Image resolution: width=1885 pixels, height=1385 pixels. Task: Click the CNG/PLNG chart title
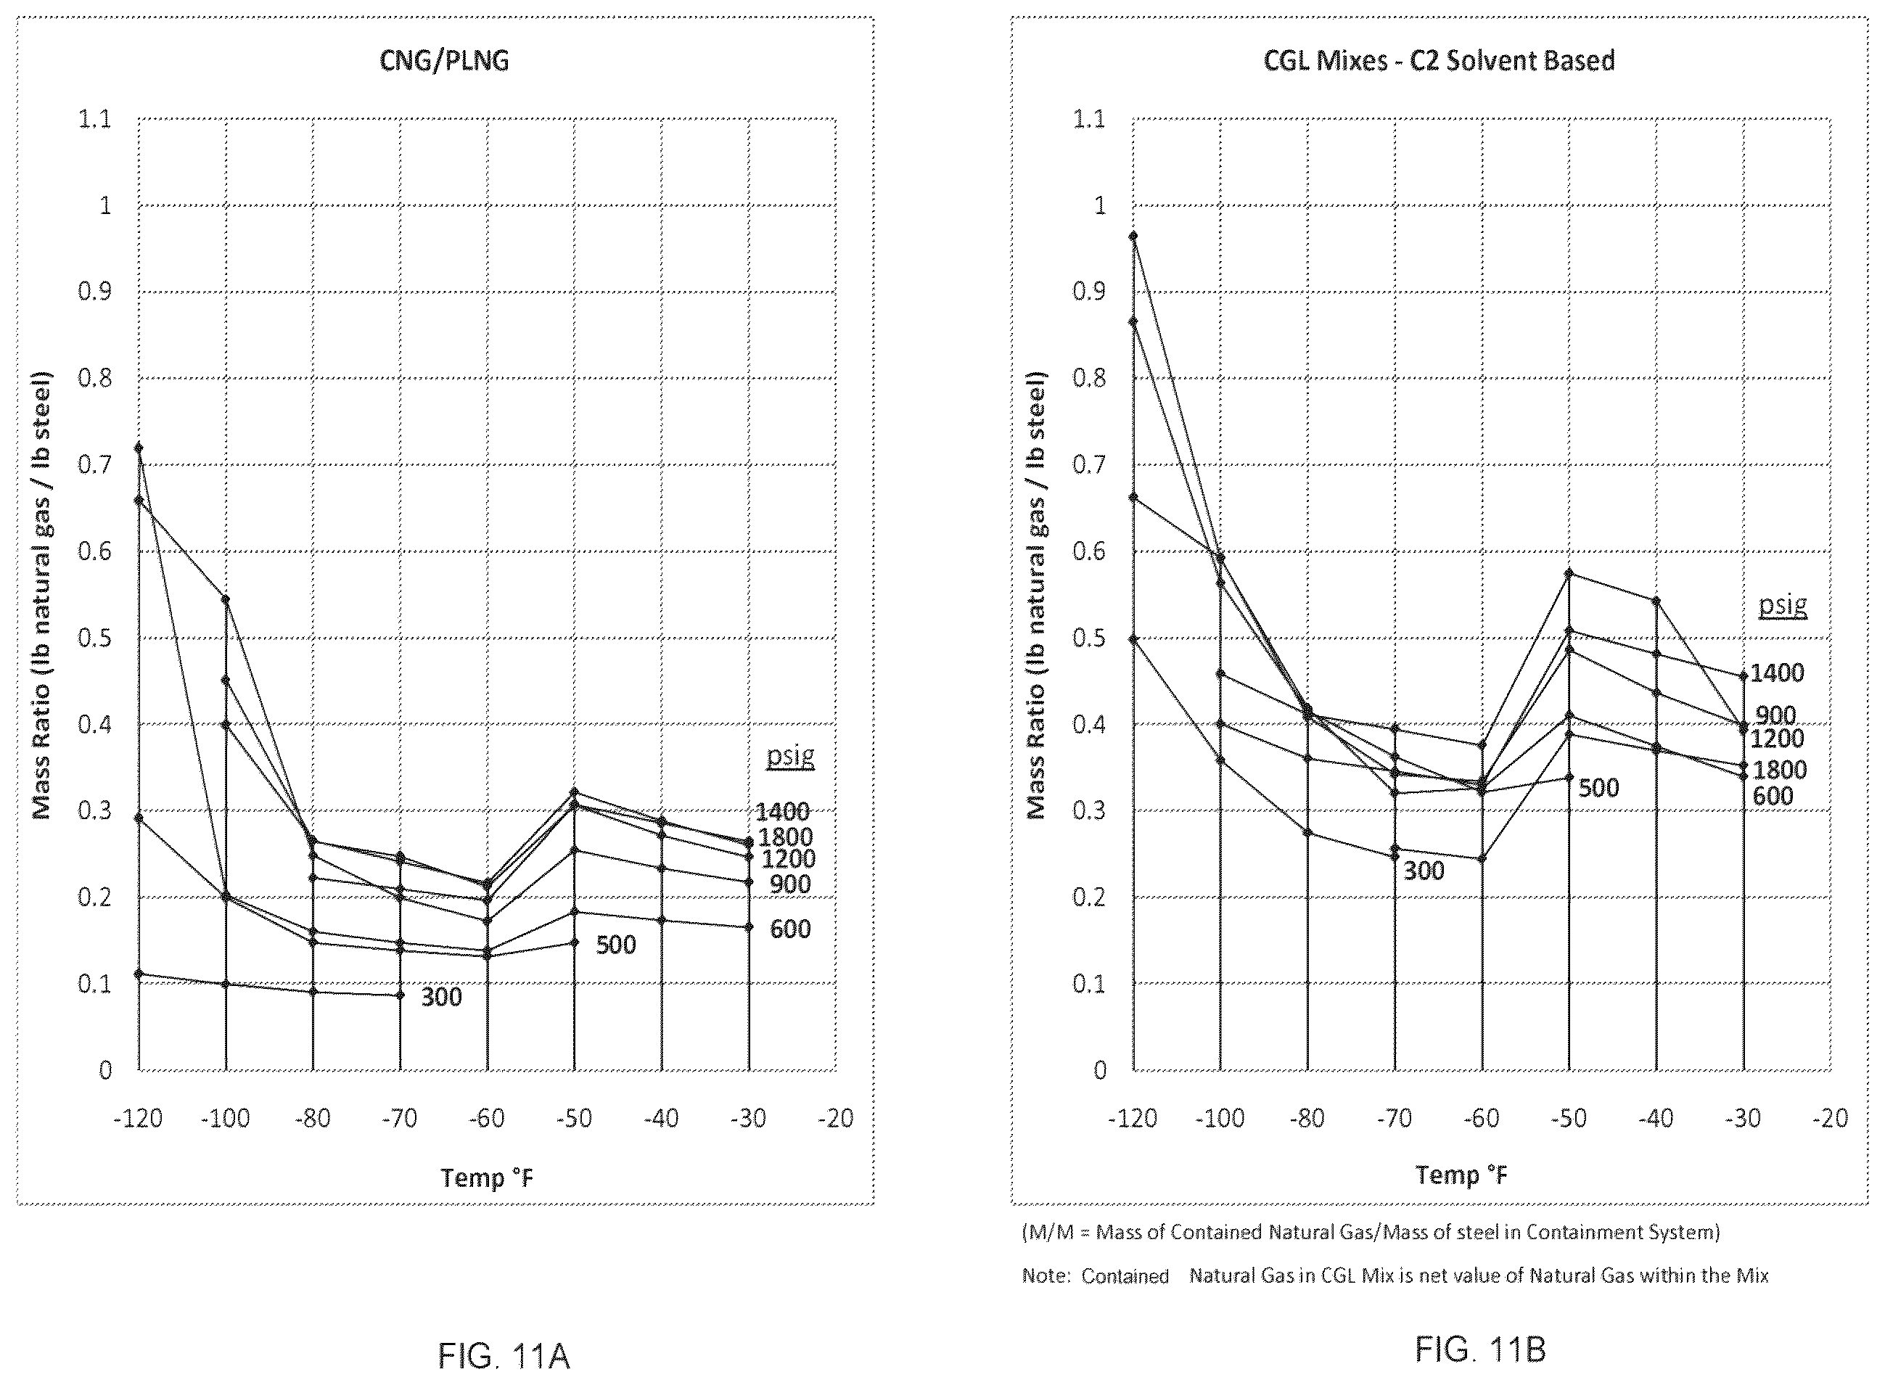(x=445, y=61)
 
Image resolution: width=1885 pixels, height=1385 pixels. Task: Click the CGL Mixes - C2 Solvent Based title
(x=1439, y=60)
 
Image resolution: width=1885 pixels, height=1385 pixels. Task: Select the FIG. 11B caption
(x=1480, y=1349)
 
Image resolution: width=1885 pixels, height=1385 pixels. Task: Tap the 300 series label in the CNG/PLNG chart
(x=441, y=997)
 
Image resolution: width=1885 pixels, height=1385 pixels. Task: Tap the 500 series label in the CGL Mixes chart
(x=1598, y=788)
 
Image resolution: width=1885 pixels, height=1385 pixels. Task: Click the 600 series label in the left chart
(x=790, y=929)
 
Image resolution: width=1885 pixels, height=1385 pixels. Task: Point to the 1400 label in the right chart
(x=1777, y=673)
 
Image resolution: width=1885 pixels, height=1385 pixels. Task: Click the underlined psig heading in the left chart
(x=791, y=757)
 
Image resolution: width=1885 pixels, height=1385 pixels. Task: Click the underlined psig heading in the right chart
(x=1783, y=605)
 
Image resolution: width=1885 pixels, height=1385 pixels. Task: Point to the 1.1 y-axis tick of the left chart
(x=95, y=119)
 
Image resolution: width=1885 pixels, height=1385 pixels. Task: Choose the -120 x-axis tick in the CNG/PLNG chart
(x=138, y=1119)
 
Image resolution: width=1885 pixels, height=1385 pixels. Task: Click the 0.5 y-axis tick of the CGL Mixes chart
(x=1089, y=638)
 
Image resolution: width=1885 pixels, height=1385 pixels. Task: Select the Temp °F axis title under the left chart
(x=487, y=1178)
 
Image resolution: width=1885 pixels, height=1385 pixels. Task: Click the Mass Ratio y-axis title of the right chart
(x=1038, y=594)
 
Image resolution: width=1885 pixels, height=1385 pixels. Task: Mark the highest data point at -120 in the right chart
(x=1133, y=236)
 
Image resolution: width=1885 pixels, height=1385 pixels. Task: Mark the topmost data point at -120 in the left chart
(x=139, y=448)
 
